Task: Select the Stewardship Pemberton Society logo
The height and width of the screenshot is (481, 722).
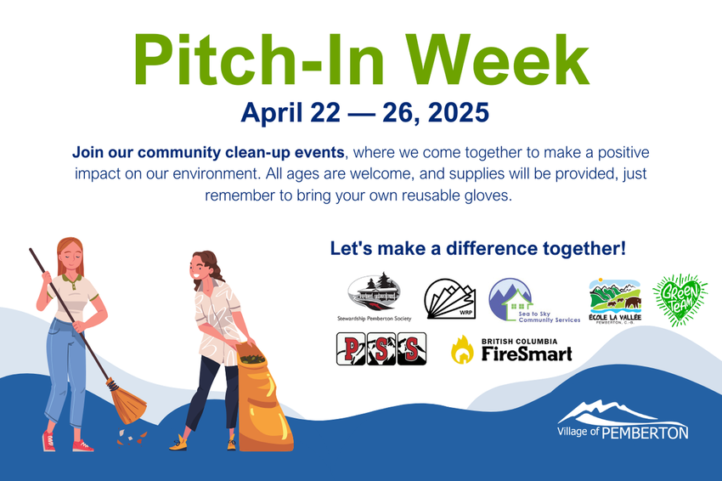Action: (374, 297)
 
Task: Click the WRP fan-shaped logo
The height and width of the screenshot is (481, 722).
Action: (449, 299)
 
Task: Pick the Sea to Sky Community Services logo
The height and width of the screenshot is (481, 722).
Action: (533, 300)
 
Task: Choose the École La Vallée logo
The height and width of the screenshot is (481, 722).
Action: (615, 301)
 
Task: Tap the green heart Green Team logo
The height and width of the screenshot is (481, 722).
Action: (680, 300)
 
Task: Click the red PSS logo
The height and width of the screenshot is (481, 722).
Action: (381, 348)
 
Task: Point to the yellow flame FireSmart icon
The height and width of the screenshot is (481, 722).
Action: (462, 349)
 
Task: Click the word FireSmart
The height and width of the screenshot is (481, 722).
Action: (527, 354)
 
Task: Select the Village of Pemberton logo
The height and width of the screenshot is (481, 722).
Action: (623, 420)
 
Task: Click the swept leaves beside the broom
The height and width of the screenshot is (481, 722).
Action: (132, 436)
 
